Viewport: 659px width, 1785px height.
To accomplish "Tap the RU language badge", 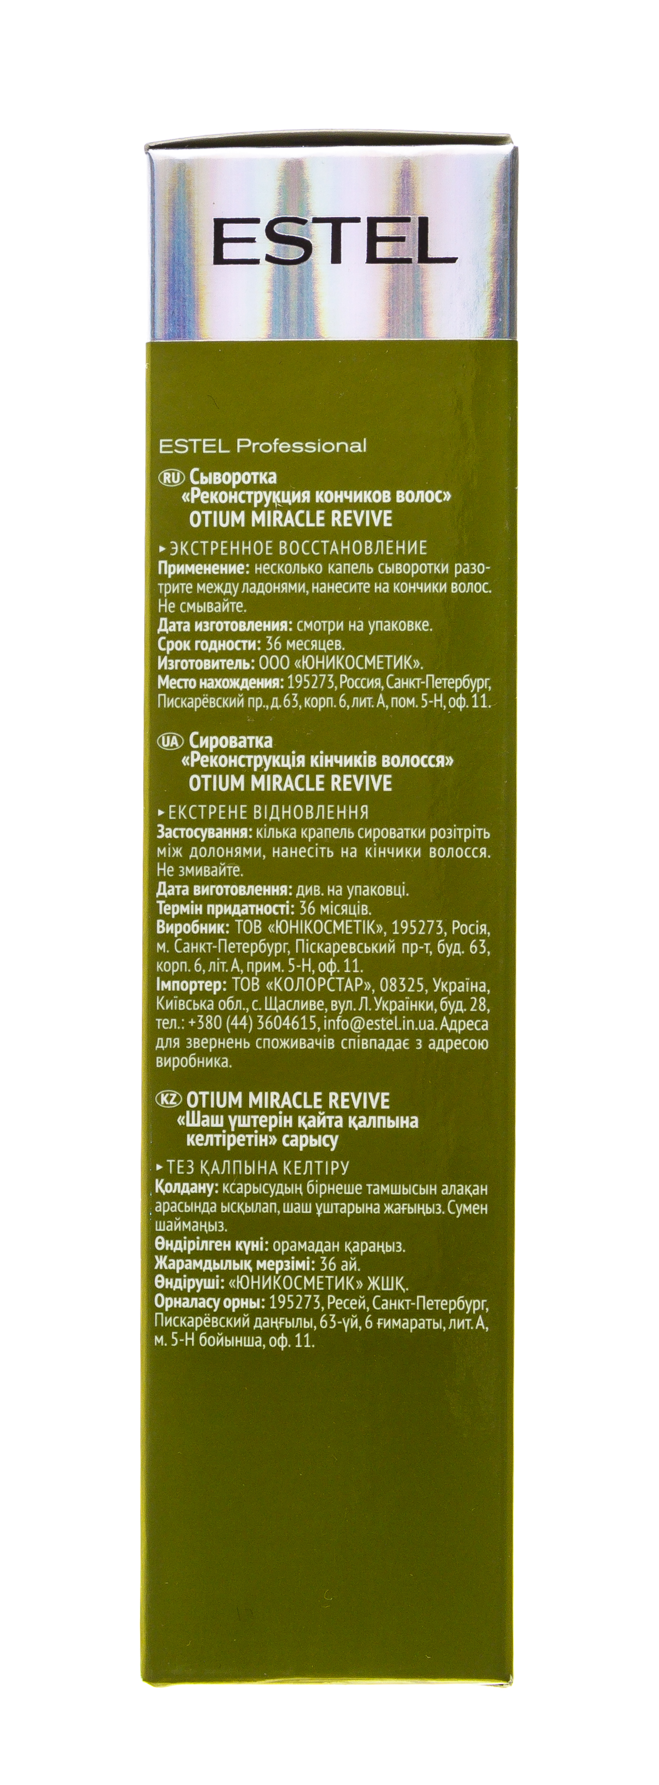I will pos(169,477).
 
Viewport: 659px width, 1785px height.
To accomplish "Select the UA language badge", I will pos(169,741).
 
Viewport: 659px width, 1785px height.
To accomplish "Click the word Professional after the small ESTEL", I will pos(301,446).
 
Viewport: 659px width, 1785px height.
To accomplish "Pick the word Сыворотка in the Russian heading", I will pos(233,477).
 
